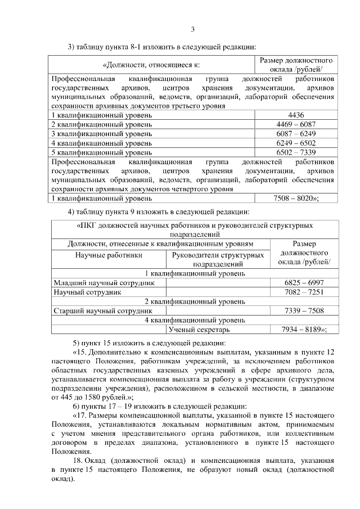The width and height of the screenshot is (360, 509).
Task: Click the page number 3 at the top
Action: [x=192, y=30]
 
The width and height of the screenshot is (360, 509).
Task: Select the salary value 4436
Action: [x=296, y=115]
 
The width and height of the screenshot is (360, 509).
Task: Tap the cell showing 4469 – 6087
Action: [x=296, y=124]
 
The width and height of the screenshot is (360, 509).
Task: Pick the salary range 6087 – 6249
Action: [x=296, y=133]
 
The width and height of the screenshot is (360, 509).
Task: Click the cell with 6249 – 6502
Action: [x=296, y=143]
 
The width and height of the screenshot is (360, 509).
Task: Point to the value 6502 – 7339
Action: [x=296, y=152]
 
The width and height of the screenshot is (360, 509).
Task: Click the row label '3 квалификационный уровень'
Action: [x=101, y=133]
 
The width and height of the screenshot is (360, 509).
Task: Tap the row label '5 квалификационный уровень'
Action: [x=101, y=152]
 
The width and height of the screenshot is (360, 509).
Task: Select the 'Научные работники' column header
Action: [x=109, y=255]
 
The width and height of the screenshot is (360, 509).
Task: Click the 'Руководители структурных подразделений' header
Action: [x=218, y=259]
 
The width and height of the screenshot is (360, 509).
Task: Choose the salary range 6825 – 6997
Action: [x=304, y=283]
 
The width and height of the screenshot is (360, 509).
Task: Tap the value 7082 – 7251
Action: [x=304, y=292]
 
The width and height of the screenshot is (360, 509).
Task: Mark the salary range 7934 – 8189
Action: [x=303, y=330]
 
